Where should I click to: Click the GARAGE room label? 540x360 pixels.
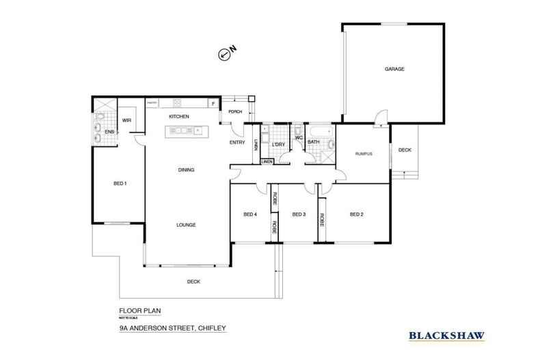click(394, 70)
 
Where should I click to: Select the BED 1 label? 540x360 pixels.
click(120, 182)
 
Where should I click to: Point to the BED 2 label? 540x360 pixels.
click(356, 214)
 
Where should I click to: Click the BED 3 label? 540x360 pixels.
click(298, 214)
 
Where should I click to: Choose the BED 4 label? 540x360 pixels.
click(250, 214)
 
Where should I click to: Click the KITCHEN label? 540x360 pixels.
click(179, 117)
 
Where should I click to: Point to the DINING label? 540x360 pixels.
click(186, 170)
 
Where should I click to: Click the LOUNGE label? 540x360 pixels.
click(186, 225)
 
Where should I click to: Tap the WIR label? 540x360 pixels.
click(126, 121)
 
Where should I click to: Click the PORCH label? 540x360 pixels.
click(235, 111)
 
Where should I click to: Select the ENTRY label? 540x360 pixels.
click(237, 142)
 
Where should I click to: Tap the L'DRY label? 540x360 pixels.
click(278, 145)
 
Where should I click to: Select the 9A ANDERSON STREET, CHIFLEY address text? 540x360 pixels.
click(172, 328)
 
